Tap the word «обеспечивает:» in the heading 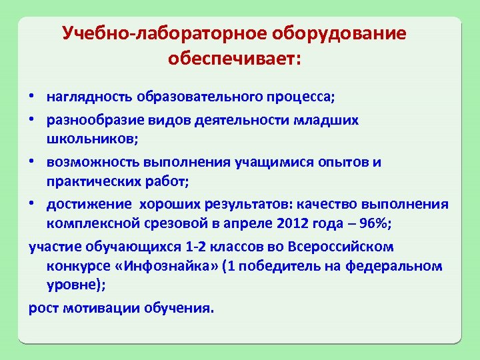coord(235,59)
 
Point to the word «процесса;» coord(304,97)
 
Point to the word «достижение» coord(86,204)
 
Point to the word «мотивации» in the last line coord(109,309)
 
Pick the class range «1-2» coord(195,247)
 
